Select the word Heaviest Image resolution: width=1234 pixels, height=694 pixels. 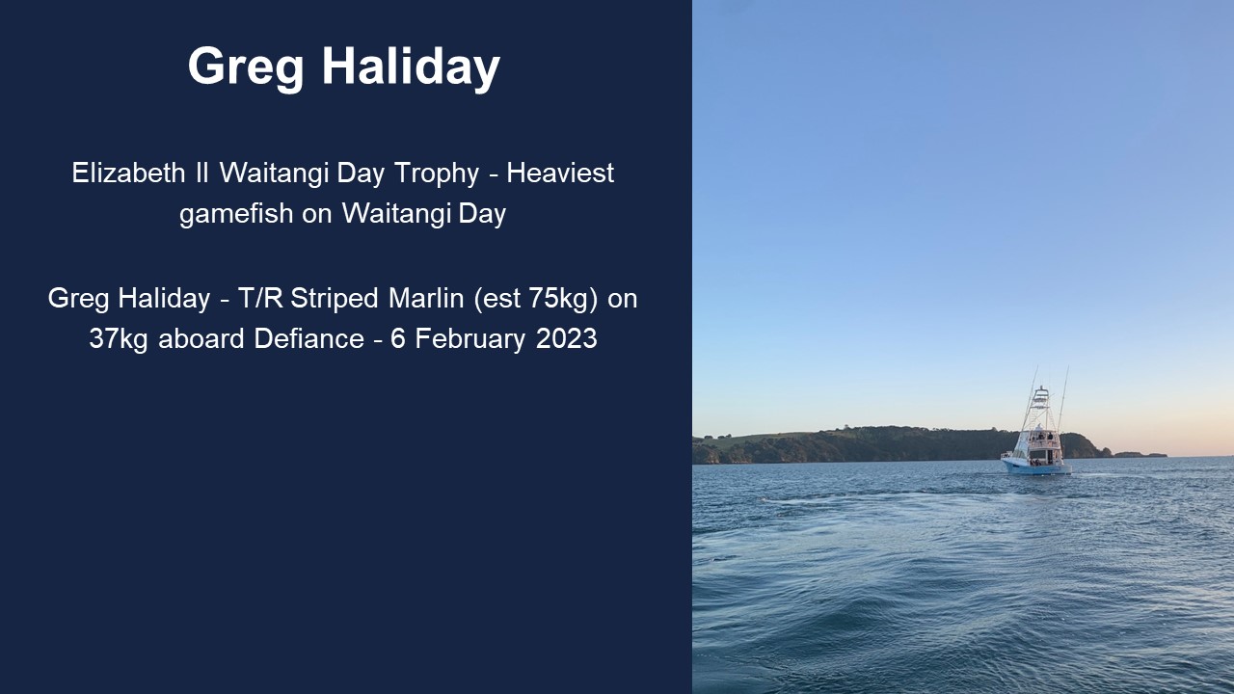point(560,173)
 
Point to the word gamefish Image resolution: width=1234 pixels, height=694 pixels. point(236,214)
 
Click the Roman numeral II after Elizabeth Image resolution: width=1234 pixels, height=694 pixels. point(201,173)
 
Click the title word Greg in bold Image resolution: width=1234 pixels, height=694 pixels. point(246,67)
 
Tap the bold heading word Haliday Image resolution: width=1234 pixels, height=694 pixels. point(411,67)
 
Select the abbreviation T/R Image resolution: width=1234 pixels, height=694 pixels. point(260,299)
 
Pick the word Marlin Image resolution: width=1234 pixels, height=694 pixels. point(426,299)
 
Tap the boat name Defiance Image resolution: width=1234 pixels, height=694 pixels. point(309,338)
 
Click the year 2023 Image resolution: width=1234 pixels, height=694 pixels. point(566,338)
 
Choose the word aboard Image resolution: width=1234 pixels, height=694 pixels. point(201,338)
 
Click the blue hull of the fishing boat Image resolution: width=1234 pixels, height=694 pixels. point(1036,467)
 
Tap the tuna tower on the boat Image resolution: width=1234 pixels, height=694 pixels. point(1040,408)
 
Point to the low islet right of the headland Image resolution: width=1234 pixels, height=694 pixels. point(1140,454)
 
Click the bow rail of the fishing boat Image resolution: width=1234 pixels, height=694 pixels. point(1008,455)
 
